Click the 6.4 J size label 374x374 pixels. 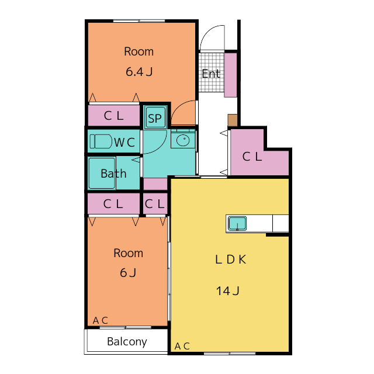pyautogui.click(x=139, y=71)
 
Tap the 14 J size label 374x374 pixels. pyautogui.click(x=228, y=291)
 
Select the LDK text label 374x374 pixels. pyautogui.click(x=231, y=259)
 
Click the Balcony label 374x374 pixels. pyautogui.click(x=127, y=342)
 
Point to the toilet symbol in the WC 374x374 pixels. pyautogui.click(x=101, y=141)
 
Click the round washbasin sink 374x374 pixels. pyautogui.click(x=183, y=140)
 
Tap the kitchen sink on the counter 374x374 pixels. pyautogui.click(x=237, y=223)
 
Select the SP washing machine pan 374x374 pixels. pyautogui.click(x=155, y=117)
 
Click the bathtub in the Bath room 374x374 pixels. pyautogui.click(x=102, y=173)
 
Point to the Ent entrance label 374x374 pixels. pyautogui.click(x=211, y=74)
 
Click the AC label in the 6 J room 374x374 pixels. pyautogui.click(x=101, y=320)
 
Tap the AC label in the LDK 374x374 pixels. pyautogui.click(x=182, y=346)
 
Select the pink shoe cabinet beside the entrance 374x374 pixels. pyautogui.click(x=231, y=75)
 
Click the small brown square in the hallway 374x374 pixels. pyautogui.click(x=233, y=120)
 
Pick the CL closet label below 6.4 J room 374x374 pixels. pyautogui.click(x=113, y=116)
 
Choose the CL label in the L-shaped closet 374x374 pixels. pyautogui.click(x=252, y=157)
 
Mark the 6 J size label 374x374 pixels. pyautogui.click(x=128, y=273)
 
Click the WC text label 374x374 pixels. pyautogui.click(x=124, y=143)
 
